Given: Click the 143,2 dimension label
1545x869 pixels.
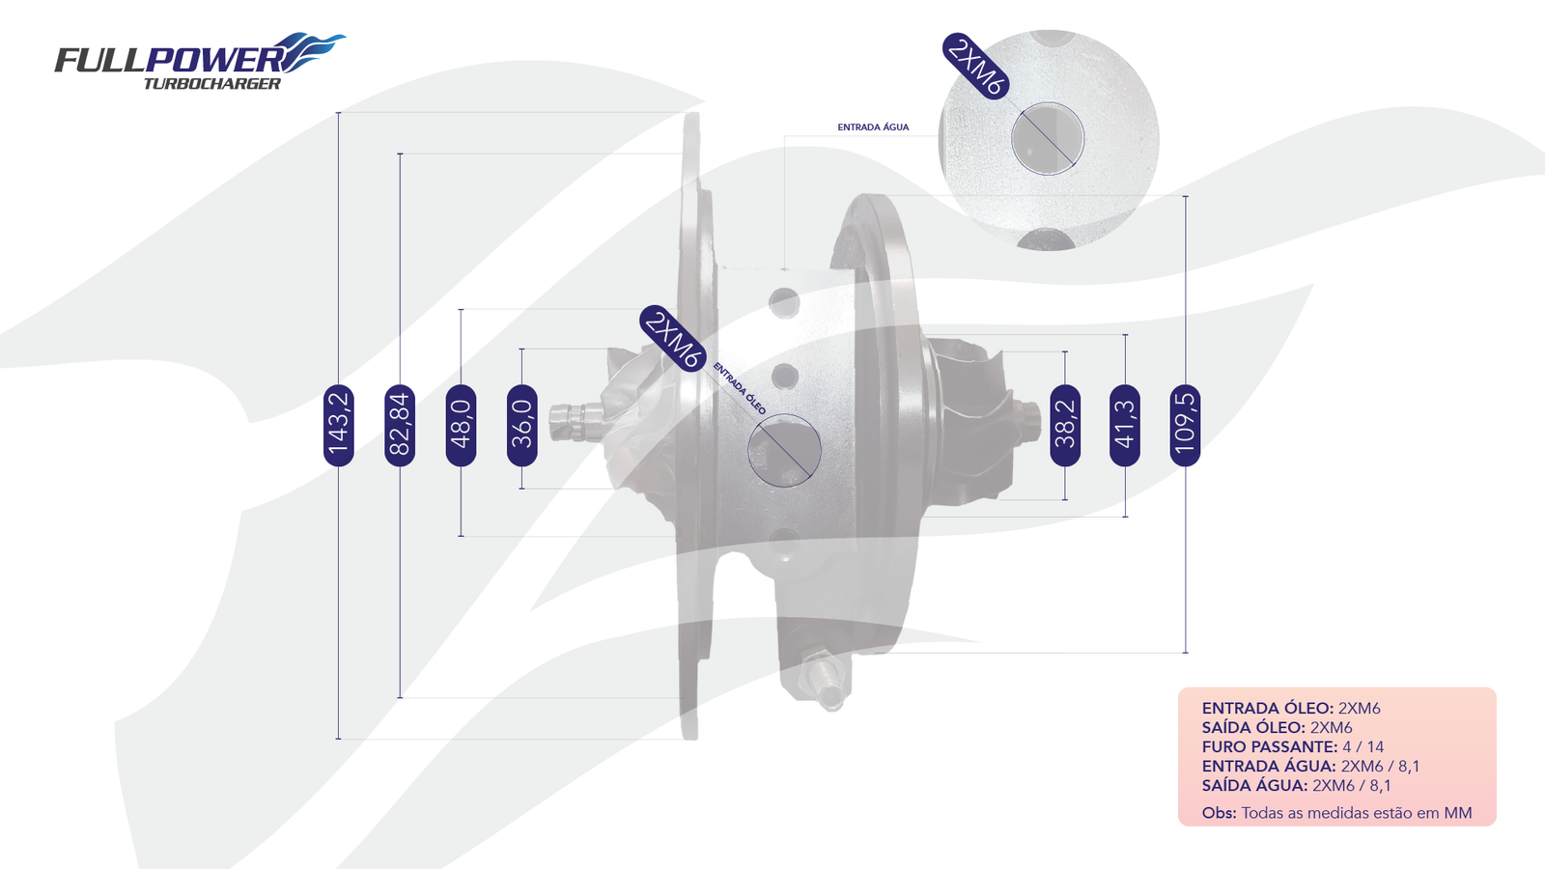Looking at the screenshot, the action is tap(339, 426).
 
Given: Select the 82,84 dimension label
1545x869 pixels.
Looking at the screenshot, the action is tap(400, 426).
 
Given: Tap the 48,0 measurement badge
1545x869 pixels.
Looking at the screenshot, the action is tap(461, 426).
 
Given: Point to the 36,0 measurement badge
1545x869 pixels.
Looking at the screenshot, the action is tap(522, 426).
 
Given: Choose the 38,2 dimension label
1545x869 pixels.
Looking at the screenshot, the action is tap(1065, 426).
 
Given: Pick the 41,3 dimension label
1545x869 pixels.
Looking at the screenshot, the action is tap(1125, 426).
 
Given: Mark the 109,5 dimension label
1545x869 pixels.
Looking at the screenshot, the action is tap(1186, 426).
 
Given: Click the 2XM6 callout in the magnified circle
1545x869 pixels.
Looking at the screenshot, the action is tap(976, 67).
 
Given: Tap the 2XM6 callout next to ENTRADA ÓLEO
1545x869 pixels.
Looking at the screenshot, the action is tap(673, 339).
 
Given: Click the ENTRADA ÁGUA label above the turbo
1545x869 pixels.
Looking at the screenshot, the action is tap(873, 126).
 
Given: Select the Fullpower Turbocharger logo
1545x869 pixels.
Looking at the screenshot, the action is tap(199, 61).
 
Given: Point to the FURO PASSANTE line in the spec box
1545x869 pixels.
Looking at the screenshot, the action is tap(1293, 746).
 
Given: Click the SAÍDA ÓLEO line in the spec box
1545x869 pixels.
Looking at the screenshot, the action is tap(1277, 727).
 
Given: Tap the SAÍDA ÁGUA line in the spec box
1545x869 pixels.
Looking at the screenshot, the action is tap(1296, 785).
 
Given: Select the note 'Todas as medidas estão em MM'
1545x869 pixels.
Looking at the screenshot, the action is tap(1357, 812).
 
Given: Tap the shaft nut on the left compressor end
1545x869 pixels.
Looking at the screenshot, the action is tap(576, 421).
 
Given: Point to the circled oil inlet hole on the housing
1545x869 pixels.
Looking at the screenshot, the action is tap(784, 450).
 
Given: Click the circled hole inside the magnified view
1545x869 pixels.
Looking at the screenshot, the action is tap(1048, 139).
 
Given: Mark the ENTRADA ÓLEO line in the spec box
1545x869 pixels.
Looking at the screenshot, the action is tap(1291, 708).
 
